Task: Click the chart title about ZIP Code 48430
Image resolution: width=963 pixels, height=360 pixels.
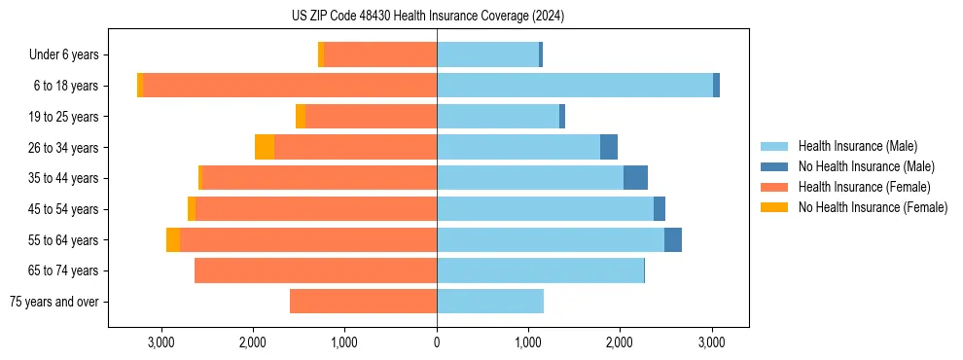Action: coord(428,16)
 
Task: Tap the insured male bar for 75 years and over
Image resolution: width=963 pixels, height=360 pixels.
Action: coord(490,302)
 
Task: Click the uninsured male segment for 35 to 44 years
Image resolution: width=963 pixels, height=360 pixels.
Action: coord(635,178)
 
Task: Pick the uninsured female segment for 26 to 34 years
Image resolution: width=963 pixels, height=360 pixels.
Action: coord(265,147)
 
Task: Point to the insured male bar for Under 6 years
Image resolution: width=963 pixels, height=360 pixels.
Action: coord(487,54)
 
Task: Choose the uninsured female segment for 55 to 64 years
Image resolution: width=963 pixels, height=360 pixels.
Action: coord(173,239)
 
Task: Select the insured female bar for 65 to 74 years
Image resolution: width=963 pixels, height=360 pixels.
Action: coord(315,270)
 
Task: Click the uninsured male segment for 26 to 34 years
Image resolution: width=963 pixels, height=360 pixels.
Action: coord(609,147)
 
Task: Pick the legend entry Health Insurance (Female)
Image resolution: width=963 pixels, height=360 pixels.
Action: coord(864,187)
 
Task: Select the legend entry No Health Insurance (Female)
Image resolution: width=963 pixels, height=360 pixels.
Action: coord(873,207)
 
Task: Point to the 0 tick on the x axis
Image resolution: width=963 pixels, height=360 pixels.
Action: coord(437,342)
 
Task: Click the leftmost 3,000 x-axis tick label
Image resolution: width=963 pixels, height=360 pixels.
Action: coord(160,342)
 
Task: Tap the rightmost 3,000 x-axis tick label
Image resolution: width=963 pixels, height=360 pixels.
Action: coord(712,342)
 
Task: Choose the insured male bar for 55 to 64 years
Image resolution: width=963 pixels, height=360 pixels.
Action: coord(551,239)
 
